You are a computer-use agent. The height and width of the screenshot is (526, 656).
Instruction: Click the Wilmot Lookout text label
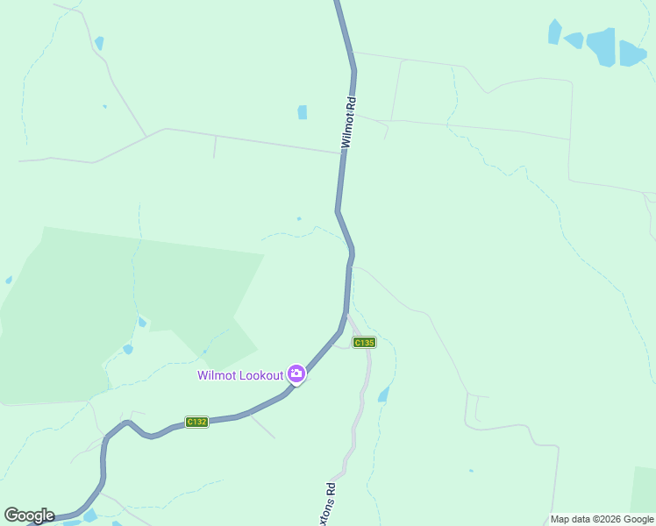tap(240, 375)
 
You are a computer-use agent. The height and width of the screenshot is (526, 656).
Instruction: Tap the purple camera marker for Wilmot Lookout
tap(296, 374)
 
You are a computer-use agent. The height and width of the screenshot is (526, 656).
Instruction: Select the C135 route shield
tap(364, 342)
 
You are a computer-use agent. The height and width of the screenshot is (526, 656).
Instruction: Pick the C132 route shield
tap(196, 422)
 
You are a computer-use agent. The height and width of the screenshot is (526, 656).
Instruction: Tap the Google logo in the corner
tap(29, 515)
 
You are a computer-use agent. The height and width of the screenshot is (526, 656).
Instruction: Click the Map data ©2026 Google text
tap(602, 519)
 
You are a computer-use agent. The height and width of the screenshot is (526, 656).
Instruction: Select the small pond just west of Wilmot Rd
tap(302, 112)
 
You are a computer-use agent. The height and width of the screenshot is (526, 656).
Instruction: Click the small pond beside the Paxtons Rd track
tap(383, 395)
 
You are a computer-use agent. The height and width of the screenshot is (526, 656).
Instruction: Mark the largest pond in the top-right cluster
tap(602, 46)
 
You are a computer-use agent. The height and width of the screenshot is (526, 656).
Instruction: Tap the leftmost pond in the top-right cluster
tap(554, 32)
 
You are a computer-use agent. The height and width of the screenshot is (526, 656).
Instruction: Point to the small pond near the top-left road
tap(99, 43)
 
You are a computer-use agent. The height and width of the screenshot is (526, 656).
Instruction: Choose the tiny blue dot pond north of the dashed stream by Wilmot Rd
tap(299, 218)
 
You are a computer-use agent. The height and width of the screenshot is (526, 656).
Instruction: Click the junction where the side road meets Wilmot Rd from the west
tap(342, 153)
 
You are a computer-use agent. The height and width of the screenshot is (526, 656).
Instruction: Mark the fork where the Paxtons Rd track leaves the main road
tap(348, 314)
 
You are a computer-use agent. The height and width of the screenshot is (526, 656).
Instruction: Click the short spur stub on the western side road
tap(214, 148)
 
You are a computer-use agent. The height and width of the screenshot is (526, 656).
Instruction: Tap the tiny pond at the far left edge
tap(9, 280)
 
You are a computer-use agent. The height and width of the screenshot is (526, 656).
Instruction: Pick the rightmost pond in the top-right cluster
tap(631, 54)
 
